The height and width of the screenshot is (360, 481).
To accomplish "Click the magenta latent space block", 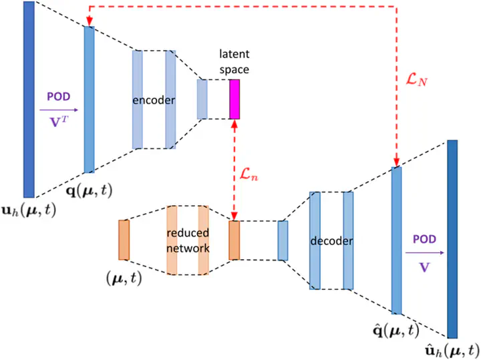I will tap(234, 99).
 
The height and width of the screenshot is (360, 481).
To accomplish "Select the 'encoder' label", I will tap(154, 100).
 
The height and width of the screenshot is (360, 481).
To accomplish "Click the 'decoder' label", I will tap(331, 240).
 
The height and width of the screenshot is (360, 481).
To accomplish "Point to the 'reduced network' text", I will tap(188, 240).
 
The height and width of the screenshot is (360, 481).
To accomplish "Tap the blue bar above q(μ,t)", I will tap(90, 99).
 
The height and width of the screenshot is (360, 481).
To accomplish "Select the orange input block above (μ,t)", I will tap(123, 239).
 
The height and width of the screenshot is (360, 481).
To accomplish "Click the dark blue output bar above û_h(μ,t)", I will tap(452, 238).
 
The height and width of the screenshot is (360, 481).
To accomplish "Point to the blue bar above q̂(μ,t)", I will tap(396, 240).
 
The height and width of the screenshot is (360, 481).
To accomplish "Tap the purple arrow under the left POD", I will tap(59, 110).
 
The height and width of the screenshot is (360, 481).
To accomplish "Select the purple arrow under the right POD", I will tap(423, 252).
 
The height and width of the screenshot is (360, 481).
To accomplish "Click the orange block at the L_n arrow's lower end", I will tap(234, 240).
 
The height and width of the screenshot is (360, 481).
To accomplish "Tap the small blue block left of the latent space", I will tap(202, 99).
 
